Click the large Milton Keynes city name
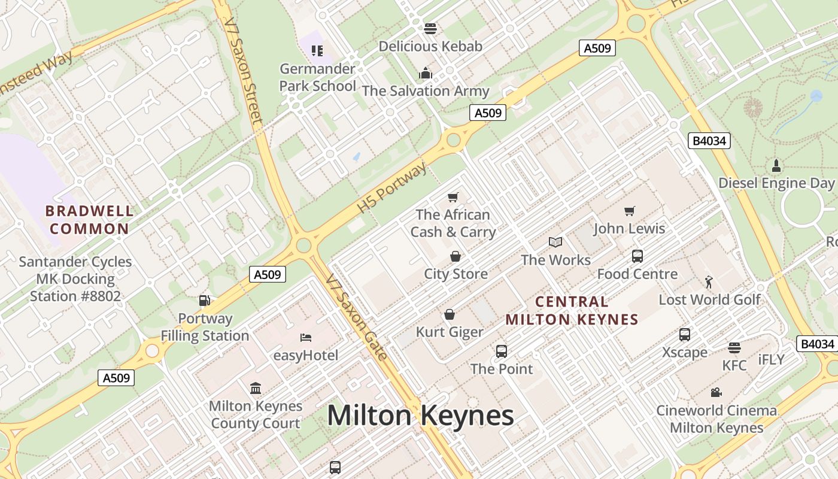tap(420, 416)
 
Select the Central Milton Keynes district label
tap(572, 310)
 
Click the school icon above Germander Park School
tap(317, 51)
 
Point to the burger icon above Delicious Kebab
tap(430, 28)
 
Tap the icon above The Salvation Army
tap(426, 73)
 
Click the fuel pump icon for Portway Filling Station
tap(205, 301)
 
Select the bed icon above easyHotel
tap(306, 338)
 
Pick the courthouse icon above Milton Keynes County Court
tap(256, 388)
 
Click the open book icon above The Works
tap(555, 242)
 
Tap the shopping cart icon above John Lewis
tap(629, 211)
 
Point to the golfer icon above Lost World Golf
tap(709, 281)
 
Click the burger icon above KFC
tap(734, 348)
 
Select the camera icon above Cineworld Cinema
tap(716, 392)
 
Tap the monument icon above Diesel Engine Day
tap(776, 165)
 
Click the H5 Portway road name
tap(392, 187)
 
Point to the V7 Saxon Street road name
tap(243, 72)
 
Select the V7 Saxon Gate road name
tap(357, 317)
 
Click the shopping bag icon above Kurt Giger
tap(450, 314)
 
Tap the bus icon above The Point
tap(502, 351)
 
